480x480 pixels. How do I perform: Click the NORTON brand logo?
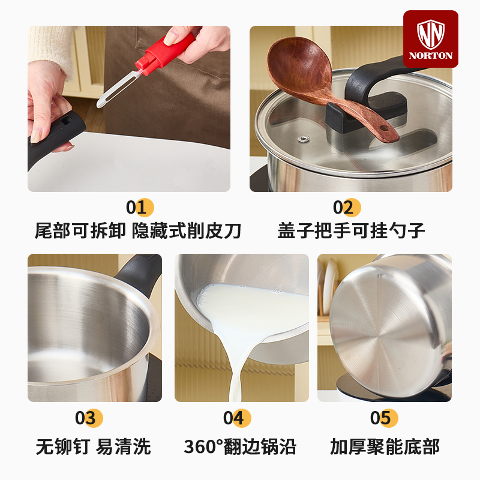tap(430, 39)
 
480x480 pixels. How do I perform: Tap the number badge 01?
tap(140, 207)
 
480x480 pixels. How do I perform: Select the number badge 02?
tap(347, 207)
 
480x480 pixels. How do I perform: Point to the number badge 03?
tap(89, 418)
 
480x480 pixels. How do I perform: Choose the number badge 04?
tap(237, 418)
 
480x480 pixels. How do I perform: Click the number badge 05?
tap(384, 418)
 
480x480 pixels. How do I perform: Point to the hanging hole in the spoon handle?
tap(383, 128)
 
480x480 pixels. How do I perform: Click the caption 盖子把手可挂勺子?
tap(351, 230)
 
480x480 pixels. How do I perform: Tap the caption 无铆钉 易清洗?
tap(94, 446)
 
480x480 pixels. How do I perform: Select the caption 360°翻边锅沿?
tap(240, 446)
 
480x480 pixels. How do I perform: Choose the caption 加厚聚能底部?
tap(385, 446)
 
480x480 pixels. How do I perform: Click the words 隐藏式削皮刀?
tap(187, 230)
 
